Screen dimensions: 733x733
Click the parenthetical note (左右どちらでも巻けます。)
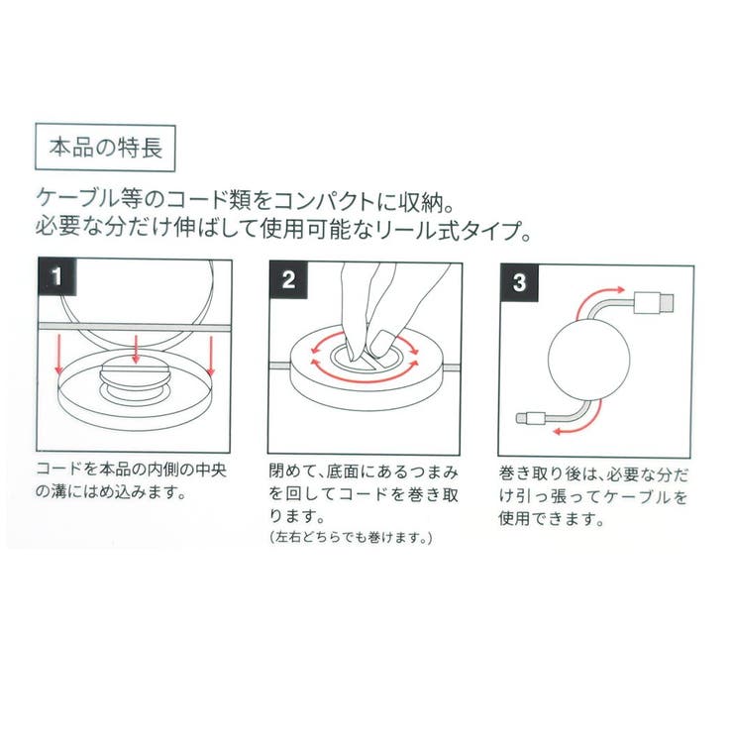pos(351,538)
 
